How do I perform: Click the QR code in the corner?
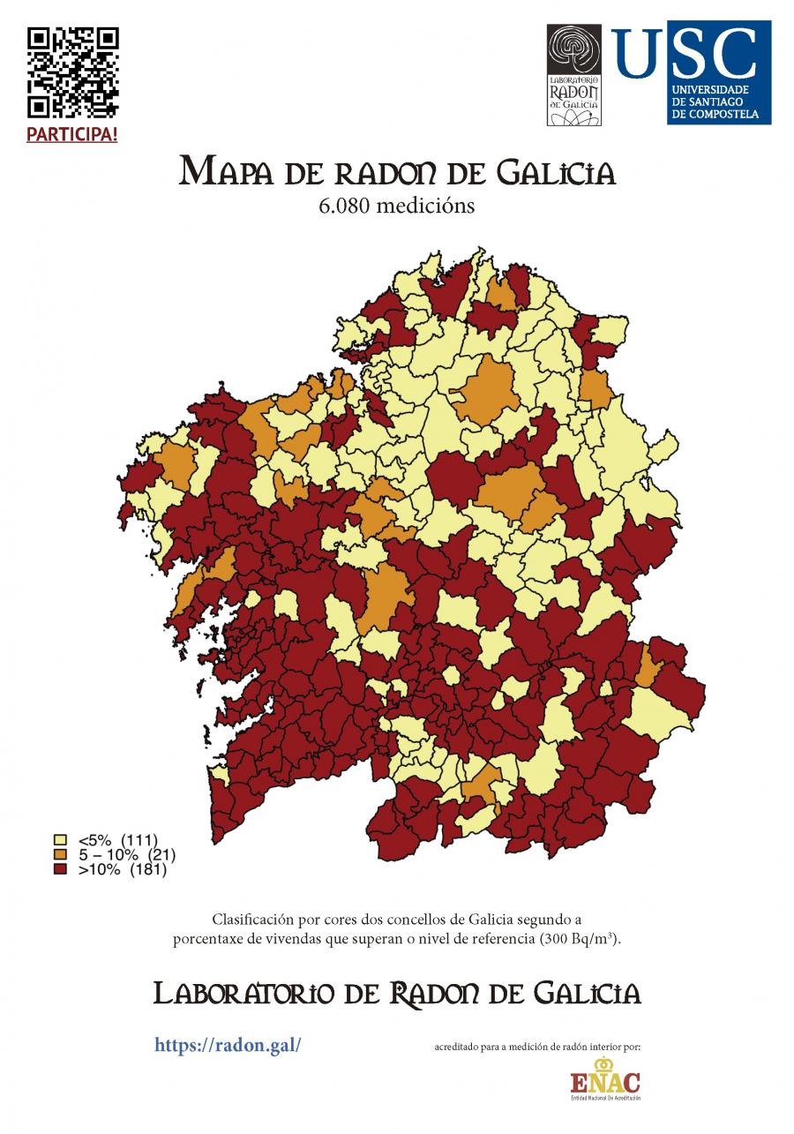[x=73, y=72]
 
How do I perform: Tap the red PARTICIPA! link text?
[x=72, y=135]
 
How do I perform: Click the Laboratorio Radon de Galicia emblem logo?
[x=574, y=75]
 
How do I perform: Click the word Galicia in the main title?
[x=556, y=172]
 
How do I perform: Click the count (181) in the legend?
[x=148, y=870]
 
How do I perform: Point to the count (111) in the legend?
[x=139, y=839]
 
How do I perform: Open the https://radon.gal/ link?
[x=228, y=1045]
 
